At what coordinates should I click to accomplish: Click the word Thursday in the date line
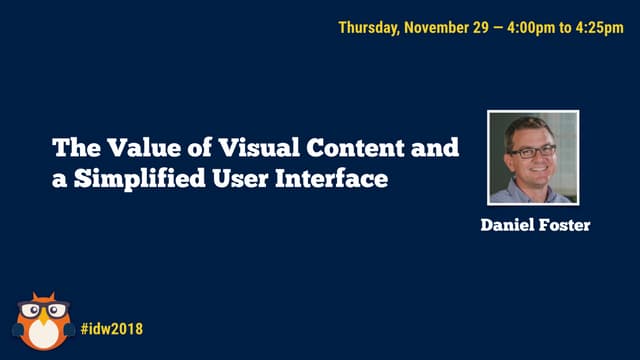coord(368,27)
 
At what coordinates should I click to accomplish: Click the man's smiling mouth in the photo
coord(533,170)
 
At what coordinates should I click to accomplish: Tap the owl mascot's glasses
coord(42,311)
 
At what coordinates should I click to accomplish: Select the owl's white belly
coord(42,337)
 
